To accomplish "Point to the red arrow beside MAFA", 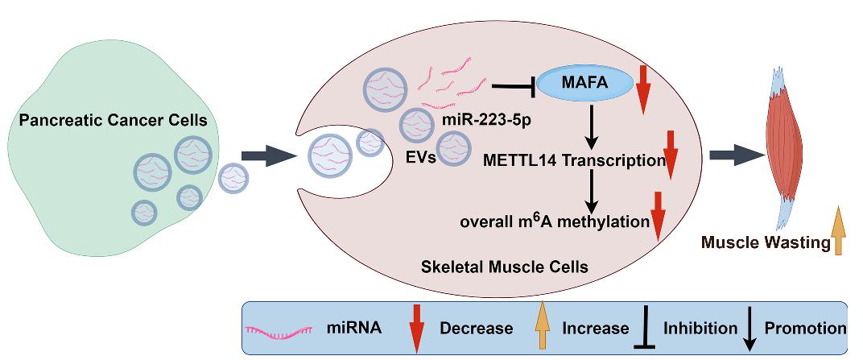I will tap(642, 89).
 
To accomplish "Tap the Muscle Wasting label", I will tap(763, 241).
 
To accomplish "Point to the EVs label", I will tap(420, 157).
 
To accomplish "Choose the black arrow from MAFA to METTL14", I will tap(592, 127).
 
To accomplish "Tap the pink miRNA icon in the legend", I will tap(278, 328).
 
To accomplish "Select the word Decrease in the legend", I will tap(476, 328).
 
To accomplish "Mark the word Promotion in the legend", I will tap(805, 328).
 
